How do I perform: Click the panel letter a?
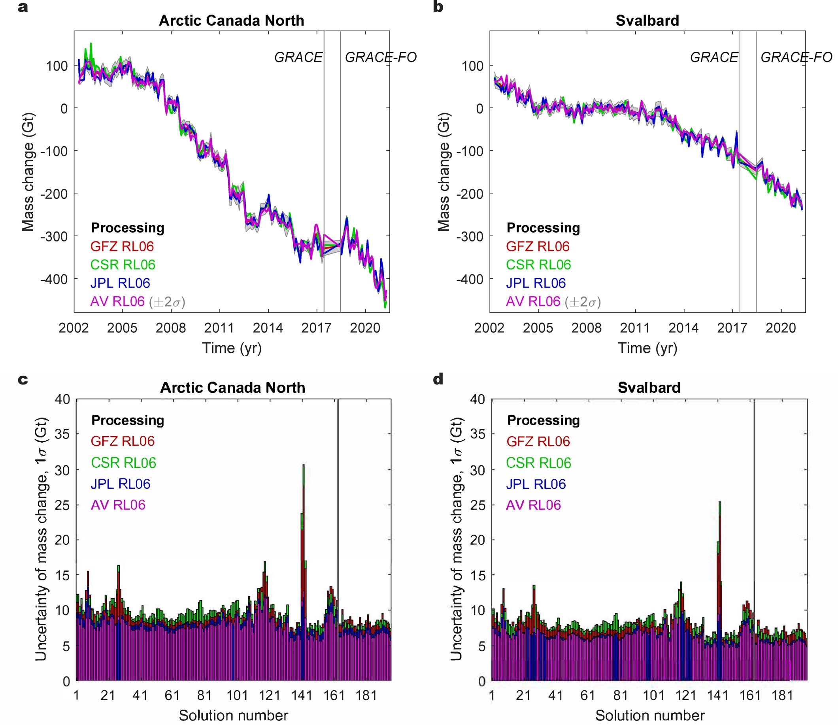pyautogui.click(x=23, y=8)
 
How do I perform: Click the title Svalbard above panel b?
pyautogui.click(x=647, y=21)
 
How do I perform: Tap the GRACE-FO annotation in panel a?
pyautogui.click(x=381, y=57)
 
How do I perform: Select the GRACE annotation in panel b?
pyautogui.click(x=714, y=57)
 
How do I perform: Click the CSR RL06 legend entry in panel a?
pyautogui.click(x=123, y=265)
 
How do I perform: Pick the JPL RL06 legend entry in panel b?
pyautogui.click(x=536, y=283)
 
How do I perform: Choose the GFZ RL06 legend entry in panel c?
pyautogui.click(x=122, y=441)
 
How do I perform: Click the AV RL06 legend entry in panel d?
pyautogui.click(x=533, y=505)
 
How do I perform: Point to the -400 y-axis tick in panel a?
pyautogui.click(x=54, y=279)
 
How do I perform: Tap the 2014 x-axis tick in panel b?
pyautogui.click(x=683, y=328)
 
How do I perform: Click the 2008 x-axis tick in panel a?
pyautogui.click(x=170, y=328)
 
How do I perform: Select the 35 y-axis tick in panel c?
pyautogui.click(x=62, y=434)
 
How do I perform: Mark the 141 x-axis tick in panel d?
pyautogui.click(x=717, y=695)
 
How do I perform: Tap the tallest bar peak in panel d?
pyautogui.click(x=719, y=503)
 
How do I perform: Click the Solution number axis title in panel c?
pyautogui.click(x=234, y=715)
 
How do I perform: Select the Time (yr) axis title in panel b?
pyautogui.click(x=647, y=348)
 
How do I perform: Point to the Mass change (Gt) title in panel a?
pyautogui.click(x=28, y=172)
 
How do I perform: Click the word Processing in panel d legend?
pyautogui.click(x=543, y=420)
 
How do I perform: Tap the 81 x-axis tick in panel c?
pyautogui.click(x=204, y=695)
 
